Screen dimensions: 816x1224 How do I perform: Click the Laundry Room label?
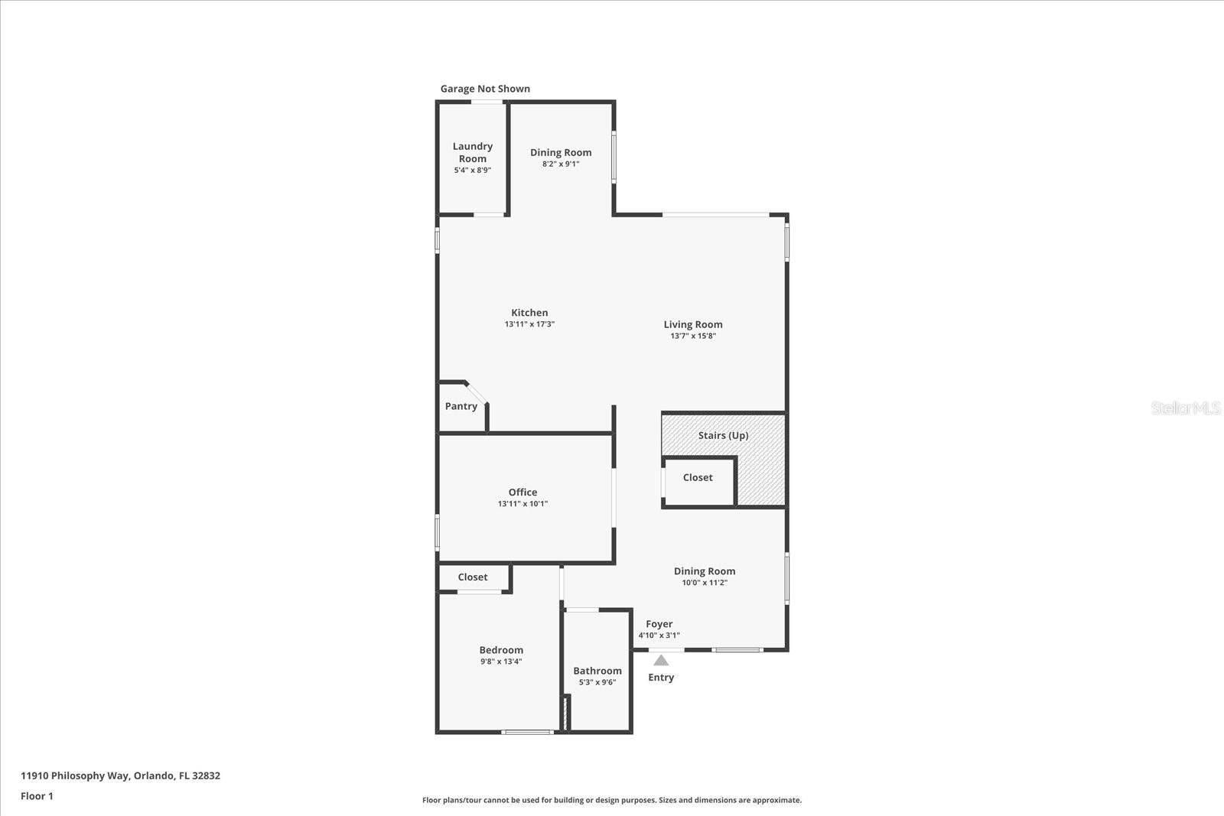point(472,152)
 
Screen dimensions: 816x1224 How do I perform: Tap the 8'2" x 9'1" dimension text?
point(561,164)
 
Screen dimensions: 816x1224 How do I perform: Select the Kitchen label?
point(529,312)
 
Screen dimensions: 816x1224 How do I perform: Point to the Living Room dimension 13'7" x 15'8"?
point(693,336)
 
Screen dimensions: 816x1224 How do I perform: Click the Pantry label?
point(461,406)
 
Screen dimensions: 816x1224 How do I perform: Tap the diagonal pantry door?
point(477,392)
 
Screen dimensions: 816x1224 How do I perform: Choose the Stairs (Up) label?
point(723,435)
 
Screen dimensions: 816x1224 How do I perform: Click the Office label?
point(522,492)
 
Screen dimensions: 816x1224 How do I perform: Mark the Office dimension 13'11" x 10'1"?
point(522,504)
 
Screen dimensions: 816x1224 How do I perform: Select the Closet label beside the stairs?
point(698,477)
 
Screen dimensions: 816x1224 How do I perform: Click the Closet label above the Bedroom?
point(473,577)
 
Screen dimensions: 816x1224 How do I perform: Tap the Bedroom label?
point(501,650)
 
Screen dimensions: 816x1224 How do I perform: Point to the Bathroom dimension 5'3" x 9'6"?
point(597,682)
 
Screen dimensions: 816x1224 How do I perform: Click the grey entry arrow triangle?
point(661,660)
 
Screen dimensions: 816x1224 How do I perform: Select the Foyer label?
point(659,624)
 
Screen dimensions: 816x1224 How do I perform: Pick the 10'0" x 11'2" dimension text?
point(705,583)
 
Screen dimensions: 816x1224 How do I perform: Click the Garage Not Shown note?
point(485,89)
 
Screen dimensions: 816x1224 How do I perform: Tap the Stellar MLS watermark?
point(1186,408)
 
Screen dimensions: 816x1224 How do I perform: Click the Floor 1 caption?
point(37,796)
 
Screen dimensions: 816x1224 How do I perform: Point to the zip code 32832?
point(207,775)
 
